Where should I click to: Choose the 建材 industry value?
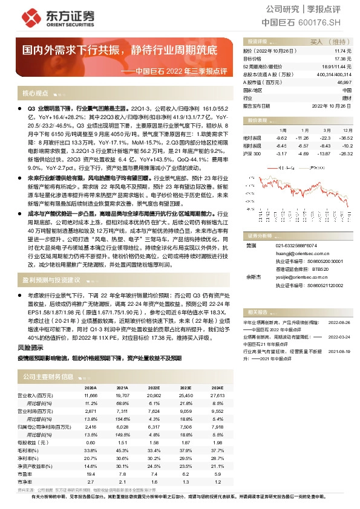click(346, 97)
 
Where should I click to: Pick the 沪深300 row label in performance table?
click(251, 154)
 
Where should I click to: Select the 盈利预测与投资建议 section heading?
click(51, 280)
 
